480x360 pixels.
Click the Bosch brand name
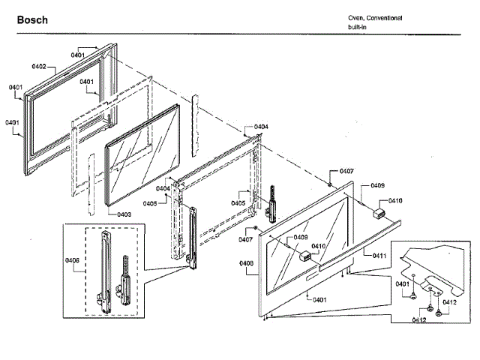point(32,20)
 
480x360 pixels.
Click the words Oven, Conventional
point(375,17)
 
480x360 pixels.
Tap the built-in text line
point(357,27)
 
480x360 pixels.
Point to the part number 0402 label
point(39,67)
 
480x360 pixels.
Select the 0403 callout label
point(124,214)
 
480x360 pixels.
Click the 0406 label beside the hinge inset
point(73,259)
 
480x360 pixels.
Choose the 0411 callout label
point(379,256)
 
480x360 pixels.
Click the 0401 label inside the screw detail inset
point(402,283)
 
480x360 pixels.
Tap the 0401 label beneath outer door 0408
point(319,300)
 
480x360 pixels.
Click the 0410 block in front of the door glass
point(305,256)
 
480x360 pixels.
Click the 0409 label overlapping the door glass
point(300,237)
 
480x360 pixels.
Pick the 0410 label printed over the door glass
point(318,245)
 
